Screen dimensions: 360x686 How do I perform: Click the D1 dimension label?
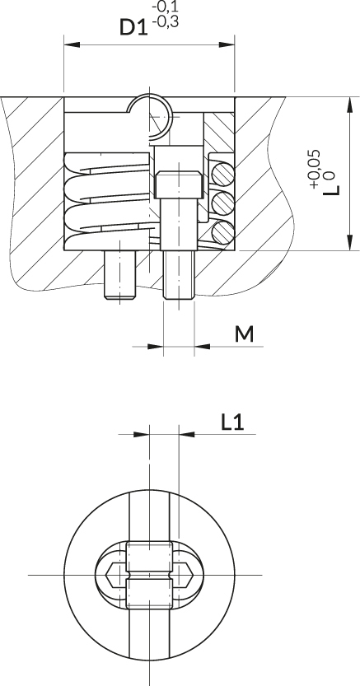(x=133, y=26)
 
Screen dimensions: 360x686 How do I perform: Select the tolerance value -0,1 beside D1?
(x=165, y=7)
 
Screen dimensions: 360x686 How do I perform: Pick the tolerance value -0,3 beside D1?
(x=166, y=22)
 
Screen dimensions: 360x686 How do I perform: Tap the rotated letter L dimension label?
(x=331, y=189)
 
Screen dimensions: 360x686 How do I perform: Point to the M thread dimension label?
(x=244, y=334)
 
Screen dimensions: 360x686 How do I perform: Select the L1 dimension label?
(x=232, y=422)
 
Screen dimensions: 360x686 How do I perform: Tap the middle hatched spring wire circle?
(x=223, y=203)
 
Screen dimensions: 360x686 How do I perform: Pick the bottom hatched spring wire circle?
(x=223, y=232)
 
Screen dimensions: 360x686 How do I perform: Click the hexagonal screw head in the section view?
(x=179, y=184)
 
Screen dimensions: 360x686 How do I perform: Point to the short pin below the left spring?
(x=119, y=275)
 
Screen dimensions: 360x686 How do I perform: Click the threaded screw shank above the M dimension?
(x=179, y=275)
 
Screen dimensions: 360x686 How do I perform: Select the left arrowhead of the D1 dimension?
(x=72, y=44)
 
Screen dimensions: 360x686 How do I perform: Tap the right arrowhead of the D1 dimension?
(x=227, y=44)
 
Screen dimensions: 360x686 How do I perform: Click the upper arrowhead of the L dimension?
(x=349, y=105)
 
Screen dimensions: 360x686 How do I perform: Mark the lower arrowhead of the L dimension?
(x=349, y=242)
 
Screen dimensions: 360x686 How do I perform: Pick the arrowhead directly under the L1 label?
(x=187, y=435)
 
